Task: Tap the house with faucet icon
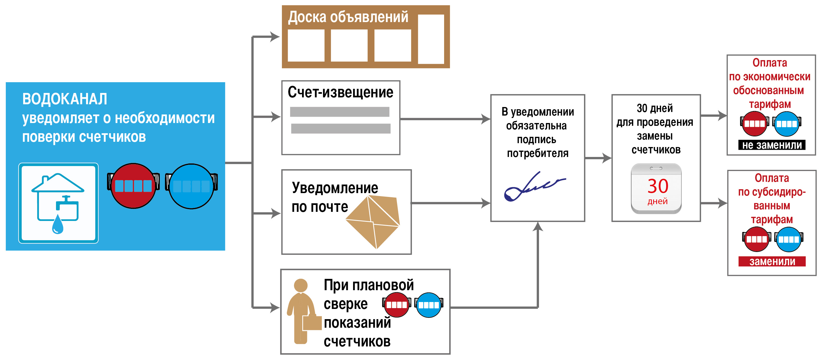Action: [x=58, y=203]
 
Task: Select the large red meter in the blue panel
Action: [x=134, y=186]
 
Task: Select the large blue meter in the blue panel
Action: [x=191, y=186]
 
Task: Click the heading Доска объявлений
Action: [x=348, y=17]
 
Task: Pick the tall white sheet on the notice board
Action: [x=431, y=39]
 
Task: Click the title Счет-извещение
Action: [x=340, y=92]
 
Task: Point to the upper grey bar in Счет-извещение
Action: [x=340, y=112]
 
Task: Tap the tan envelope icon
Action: [x=373, y=222]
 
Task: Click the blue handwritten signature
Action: [x=535, y=186]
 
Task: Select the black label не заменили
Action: [x=772, y=145]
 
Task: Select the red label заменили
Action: [x=772, y=261]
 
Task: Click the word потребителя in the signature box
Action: [x=538, y=154]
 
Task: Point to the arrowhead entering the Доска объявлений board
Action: [x=275, y=36]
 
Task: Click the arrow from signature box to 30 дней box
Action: [x=598, y=158]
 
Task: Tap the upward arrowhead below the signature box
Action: [x=538, y=226]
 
